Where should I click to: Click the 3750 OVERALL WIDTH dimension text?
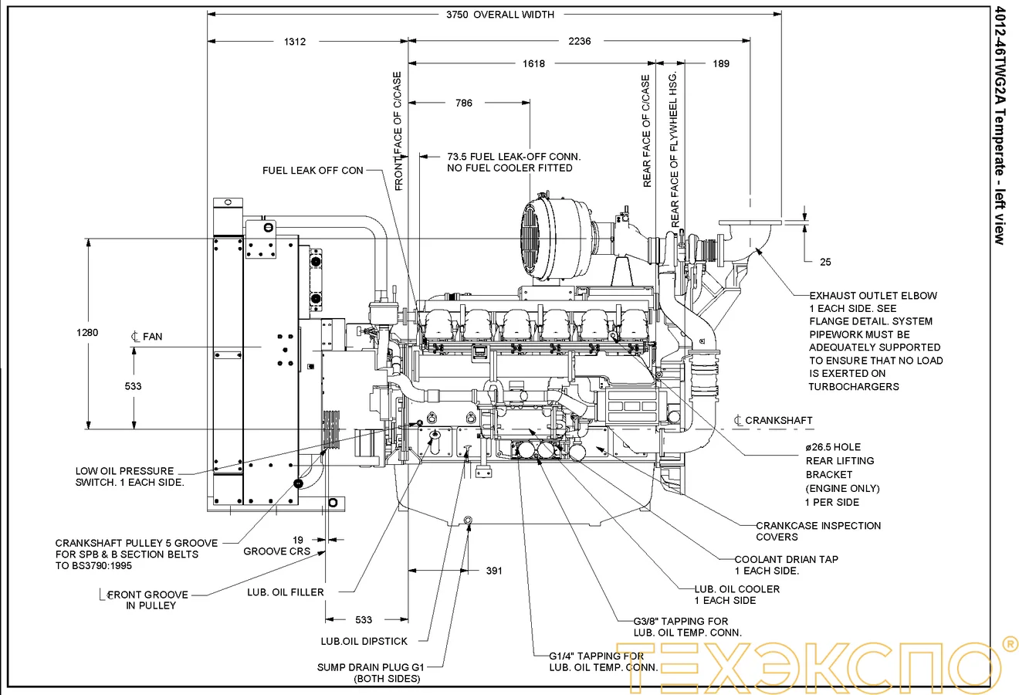pyautogui.click(x=500, y=15)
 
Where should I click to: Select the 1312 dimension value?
pyautogui.click(x=294, y=42)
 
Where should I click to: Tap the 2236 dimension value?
pyautogui.click(x=579, y=42)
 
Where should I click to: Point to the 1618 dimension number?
pyautogui.click(x=533, y=64)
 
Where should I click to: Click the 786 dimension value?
pyautogui.click(x=464, y=103)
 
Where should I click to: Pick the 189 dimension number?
pyautogui.click(x=720, y=64)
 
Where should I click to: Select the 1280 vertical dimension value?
pyautogui.click(x=87, y=333)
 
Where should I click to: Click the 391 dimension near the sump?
pyautogui.click(x=494, y=571)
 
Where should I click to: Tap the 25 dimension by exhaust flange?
pyautogui.click(x=825, y=263)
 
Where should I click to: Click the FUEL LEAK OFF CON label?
pyautogui.click(x=313, y=171)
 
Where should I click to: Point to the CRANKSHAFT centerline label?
pyautogui.click(x=778, y=421)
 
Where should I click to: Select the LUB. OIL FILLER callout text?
pyautogui.click(x=286, y=592)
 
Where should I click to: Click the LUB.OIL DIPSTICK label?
pyautogui.click(x=364, y=641)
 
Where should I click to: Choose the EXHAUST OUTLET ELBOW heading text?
pyautogui.click(x=873, y=296)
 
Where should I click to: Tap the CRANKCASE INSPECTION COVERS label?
pyautogui.click(x=818, y=531)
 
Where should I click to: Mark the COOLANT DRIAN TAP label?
pyautogui.click(x=786, y=559)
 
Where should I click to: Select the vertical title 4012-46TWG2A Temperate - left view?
pyautogui.click(x=1000, y=124)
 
